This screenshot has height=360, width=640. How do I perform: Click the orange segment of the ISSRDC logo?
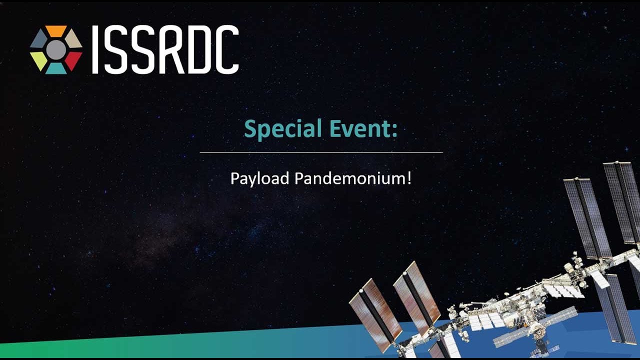56,31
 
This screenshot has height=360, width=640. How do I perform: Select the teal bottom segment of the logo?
56,68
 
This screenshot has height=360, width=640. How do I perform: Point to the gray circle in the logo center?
56,50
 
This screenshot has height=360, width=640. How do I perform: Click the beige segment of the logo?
73,39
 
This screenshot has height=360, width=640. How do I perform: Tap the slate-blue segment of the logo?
38,39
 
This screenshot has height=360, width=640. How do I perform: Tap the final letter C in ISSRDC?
227,49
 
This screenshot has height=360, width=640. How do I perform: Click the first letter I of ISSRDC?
95,49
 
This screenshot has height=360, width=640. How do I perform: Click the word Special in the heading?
283,129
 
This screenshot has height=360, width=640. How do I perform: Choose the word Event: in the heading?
363,128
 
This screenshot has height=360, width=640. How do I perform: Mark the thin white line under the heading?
321,152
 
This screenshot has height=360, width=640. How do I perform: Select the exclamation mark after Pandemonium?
409,178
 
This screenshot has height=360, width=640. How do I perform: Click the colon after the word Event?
394,131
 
